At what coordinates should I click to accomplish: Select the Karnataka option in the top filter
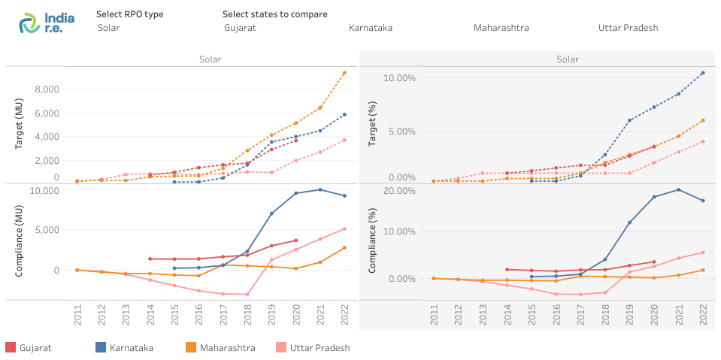tap(371, 28)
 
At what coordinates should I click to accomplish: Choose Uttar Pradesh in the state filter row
tap(628, 28)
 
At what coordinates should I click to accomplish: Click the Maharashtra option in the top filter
tap(501, 28)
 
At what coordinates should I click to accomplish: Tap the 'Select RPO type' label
tap(129, 14)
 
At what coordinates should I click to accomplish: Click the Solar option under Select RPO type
tap(108, 28)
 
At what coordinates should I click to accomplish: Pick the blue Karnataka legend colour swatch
tap(101, 348)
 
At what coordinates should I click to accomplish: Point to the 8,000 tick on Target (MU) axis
tap(47, 89)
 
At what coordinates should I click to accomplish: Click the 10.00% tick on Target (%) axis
tap(399, 78)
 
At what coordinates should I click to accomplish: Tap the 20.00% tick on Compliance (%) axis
tap(399, 191)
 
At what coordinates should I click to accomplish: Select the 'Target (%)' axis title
tap(371, 132)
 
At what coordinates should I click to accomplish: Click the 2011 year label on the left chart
tap(77, 315)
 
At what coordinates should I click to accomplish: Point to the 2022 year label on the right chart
tap(702, 315)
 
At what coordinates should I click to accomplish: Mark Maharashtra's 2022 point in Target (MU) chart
tap(344, 73)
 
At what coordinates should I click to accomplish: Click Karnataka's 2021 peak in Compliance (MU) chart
tap(320, 189)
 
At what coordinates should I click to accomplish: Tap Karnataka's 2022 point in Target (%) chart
tap(703, 73)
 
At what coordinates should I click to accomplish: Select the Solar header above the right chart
tap(568, 59)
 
